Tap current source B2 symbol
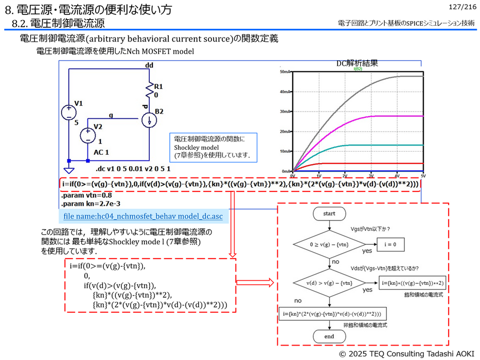[x=149, y=120]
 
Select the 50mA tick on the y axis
[x=285, y=71]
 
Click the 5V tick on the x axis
[x=423, y=175]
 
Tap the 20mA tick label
[x=285, y=131]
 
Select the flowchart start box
[x=329, y=213]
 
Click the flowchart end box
[x=329, y=336]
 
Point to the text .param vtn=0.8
[x=86, y=195]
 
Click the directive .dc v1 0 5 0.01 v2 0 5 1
[x=134, y=169]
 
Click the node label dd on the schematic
[x=149, y=65]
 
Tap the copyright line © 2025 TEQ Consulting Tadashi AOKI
[x=406, y=354]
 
